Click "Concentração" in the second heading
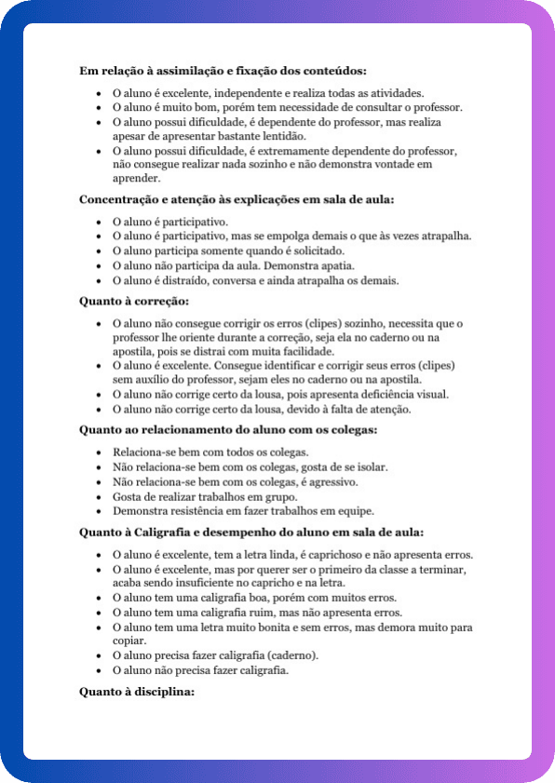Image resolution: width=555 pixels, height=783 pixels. [117, 200]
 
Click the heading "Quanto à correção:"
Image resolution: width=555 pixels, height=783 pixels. [121, 301]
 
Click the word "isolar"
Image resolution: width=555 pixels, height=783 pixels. [369, 466]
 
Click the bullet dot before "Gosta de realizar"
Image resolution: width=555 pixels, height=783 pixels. [100, 496]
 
